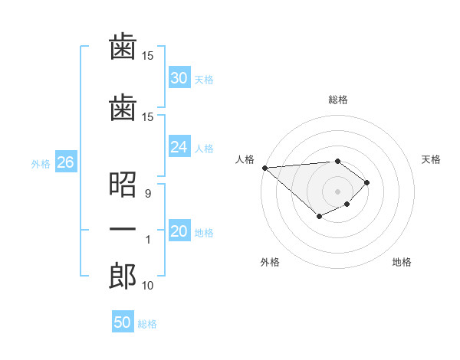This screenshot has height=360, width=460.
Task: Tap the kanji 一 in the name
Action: (x=123, y=230)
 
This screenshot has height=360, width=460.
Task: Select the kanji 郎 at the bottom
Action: (x=123, y=276)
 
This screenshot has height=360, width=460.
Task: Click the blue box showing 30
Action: (x=179, y=78)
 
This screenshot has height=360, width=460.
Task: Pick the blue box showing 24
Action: (x=179, y=147)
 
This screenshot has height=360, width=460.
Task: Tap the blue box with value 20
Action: (x=179, y=232)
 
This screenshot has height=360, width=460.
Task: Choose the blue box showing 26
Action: (x=65, y=162)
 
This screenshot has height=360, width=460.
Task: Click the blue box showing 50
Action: (x=123, y=322)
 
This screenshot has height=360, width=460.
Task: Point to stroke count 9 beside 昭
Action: (x=146, y=194)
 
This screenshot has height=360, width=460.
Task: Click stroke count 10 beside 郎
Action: (x=148, y=286)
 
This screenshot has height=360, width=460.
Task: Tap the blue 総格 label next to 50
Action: (x=147, y=324)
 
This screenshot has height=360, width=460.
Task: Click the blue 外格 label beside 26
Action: (x=40, y=163)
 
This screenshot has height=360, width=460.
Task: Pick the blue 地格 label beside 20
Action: (x=204, y=233)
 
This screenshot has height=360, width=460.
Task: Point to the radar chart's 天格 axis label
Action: (x=431, y=159)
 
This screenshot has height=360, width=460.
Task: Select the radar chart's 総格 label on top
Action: (x=338, y=100)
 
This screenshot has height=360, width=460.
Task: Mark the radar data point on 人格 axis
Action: (x=264, y=168)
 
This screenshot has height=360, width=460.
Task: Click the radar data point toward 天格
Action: (x=367, y=182)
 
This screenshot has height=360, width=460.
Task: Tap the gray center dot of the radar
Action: (x=337, y=191)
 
